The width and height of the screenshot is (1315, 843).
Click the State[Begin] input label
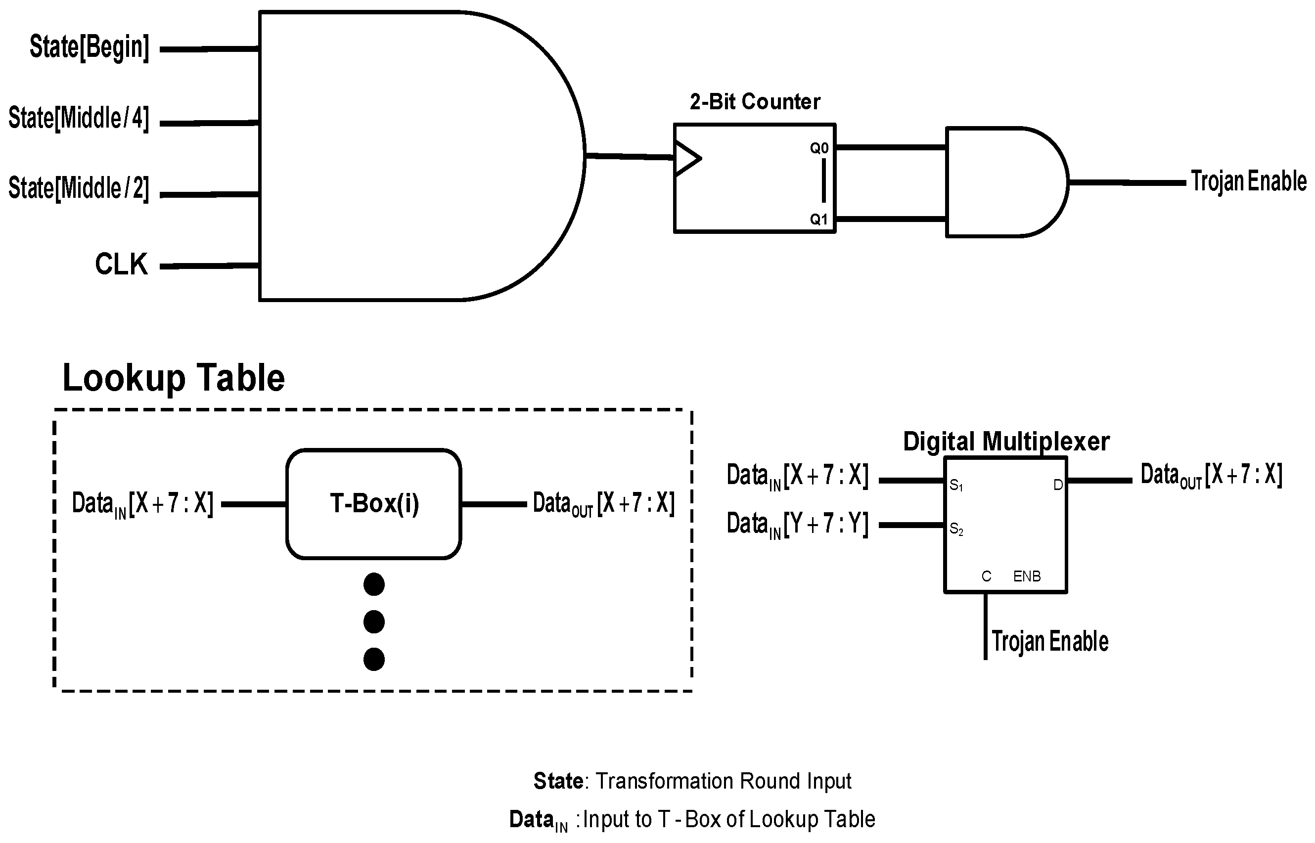[x=89, y=47]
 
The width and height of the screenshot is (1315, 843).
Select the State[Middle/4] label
[x=78, y=118]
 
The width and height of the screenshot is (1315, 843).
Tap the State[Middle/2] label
[x=78, y=188]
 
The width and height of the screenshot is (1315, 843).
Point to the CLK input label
[x=121, y=265]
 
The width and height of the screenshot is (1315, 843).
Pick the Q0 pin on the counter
[x=819, y=148]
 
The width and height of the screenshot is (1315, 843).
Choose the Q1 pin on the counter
[x=819, y=220]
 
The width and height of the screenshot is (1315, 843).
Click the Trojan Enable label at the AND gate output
[x=1248, y=181]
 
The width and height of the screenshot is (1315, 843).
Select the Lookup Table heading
[x=174, y=378]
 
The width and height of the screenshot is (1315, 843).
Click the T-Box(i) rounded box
[x=374, y=504]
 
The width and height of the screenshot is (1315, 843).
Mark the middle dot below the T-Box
[x=374, y=622]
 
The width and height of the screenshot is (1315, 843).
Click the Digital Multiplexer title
[x=1006, y=441]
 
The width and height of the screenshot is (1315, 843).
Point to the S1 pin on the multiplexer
[x=956, y=485]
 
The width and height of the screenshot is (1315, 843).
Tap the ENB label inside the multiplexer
[x=1027, y=576]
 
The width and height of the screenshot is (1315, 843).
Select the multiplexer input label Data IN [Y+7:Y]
[x=797, y=525]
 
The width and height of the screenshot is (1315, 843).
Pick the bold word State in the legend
[x=558, y=781]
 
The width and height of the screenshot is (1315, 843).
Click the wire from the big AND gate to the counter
[x=630, y=157]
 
